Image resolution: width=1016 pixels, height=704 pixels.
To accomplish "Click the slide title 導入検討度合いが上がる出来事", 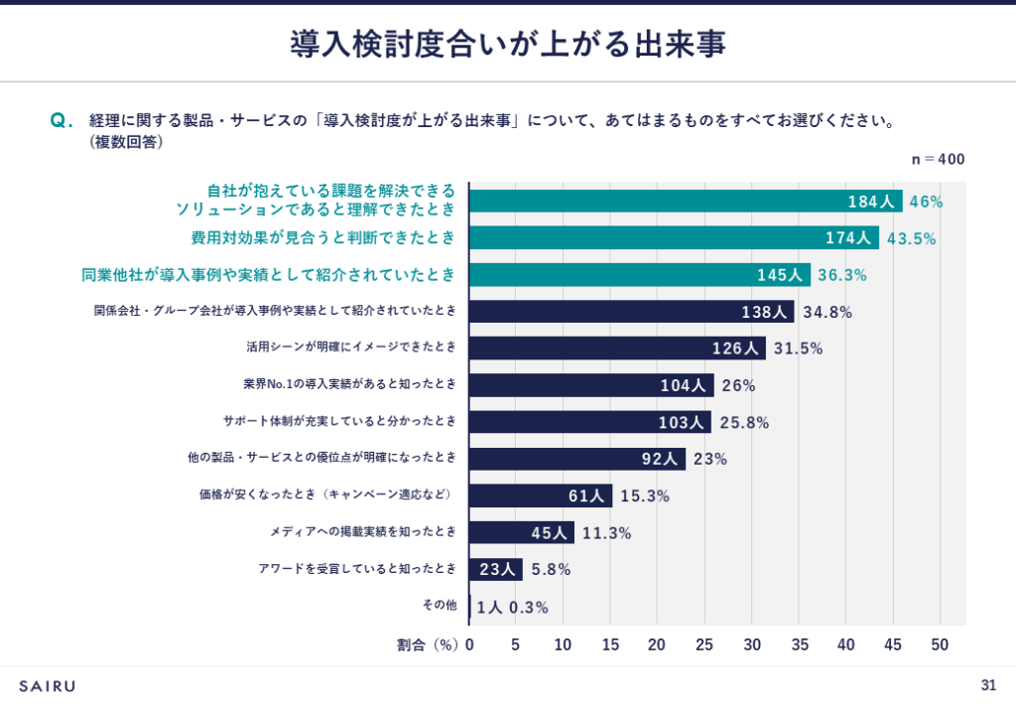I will tap(507, 43).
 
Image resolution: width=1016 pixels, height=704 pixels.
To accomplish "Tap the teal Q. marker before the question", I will tap(62, 121).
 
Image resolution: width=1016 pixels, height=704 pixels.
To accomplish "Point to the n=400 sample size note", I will tap(938, 159).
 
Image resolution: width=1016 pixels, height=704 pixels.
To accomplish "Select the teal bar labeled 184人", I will tap(685, 201).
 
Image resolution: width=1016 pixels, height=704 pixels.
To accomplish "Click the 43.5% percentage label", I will tap(911, 238).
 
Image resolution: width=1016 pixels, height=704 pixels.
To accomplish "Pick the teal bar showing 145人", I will tap(639, 275).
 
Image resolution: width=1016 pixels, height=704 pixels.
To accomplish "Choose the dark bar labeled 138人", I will tap(631, 312).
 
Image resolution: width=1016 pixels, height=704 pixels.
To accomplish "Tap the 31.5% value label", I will tap(798, 349).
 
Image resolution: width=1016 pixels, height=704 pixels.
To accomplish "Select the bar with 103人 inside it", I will tap(589, 422).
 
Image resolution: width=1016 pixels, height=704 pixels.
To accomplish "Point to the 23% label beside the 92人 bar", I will tap(710, 459).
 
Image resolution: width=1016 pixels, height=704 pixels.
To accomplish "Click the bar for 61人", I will tap(540, 495).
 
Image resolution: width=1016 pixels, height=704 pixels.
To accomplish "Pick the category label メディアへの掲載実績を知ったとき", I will tap(363, 532).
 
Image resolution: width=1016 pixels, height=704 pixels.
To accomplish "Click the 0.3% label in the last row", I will tap(528, 608).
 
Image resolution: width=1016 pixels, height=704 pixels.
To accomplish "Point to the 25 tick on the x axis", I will tap(703, 644).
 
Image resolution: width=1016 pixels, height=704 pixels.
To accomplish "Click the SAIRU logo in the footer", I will tap(47, 685).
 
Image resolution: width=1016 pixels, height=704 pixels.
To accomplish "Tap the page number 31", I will tap(987, 684).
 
